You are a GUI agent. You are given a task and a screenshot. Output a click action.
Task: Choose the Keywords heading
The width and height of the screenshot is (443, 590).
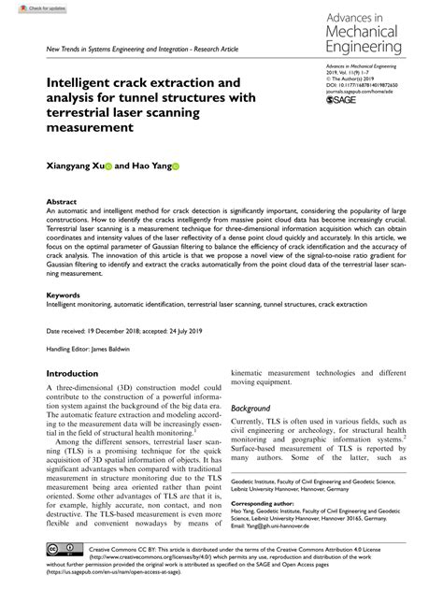(x=64, y=295)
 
